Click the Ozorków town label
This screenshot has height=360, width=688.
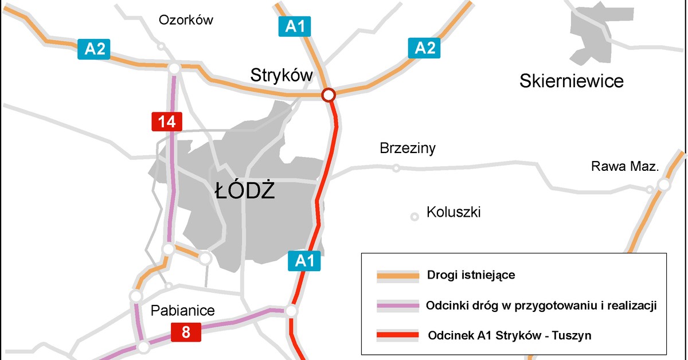point(186,21)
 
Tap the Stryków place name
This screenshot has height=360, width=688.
point(282,75)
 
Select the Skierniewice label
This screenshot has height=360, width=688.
point(571,81)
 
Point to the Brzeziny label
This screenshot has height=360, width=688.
point(408,148)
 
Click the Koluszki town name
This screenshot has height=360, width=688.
point(454,213)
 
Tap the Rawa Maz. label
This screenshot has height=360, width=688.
point(625,167)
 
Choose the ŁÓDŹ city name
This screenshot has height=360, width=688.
point(245,191)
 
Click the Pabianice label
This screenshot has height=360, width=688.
point(182,311)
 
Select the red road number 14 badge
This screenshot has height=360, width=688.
point(167,122)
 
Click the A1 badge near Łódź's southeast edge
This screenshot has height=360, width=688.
point(304,261)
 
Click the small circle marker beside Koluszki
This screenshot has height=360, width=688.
point(415,216)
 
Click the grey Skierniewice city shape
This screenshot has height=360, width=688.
point(591,34)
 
